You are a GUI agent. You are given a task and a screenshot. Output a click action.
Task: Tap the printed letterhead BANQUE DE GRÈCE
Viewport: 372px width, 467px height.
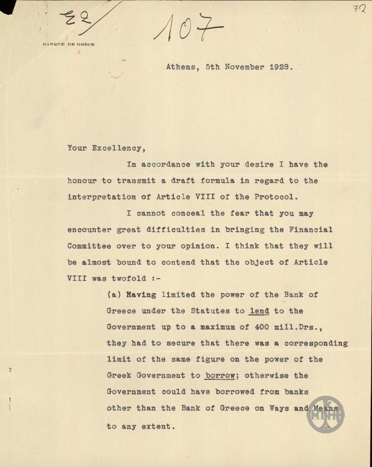coord(69,44)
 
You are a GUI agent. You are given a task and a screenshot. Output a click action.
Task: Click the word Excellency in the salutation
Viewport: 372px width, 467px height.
coord(118,148)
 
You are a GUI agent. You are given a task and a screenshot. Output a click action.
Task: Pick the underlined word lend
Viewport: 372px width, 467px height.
coord(259,311)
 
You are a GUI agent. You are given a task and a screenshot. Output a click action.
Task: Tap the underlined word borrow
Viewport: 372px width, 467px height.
coord(220,376)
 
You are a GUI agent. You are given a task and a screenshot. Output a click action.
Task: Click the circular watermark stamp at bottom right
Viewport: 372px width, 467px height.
coord(326,414)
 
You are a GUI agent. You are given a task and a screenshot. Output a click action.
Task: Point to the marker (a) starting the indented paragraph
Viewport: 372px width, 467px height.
coord(114,295)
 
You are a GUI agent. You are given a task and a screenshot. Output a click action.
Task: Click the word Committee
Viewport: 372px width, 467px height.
coord(89,246)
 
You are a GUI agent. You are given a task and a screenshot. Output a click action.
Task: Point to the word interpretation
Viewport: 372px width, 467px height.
coord(102,197)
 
